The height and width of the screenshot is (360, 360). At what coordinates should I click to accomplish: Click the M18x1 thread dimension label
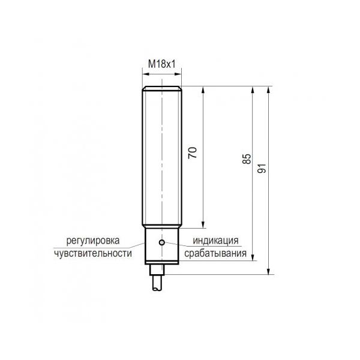click(161, 64)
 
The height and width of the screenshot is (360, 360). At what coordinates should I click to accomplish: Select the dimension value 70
click(193, 152)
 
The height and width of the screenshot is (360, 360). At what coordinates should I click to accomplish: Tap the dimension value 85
click(247, 159)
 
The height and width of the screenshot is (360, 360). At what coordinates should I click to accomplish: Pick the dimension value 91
click(262, 168)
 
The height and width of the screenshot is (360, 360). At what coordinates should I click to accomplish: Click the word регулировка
click(93, 241)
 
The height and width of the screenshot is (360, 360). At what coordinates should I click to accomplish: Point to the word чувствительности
click(93, 253)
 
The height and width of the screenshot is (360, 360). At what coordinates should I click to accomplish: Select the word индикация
click(215, 241)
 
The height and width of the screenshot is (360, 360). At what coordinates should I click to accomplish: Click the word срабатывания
click(215, 253)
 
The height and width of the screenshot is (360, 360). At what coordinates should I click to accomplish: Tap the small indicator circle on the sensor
click(162, 242)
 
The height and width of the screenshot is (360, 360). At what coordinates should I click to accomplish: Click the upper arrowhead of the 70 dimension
click(203, 90)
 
